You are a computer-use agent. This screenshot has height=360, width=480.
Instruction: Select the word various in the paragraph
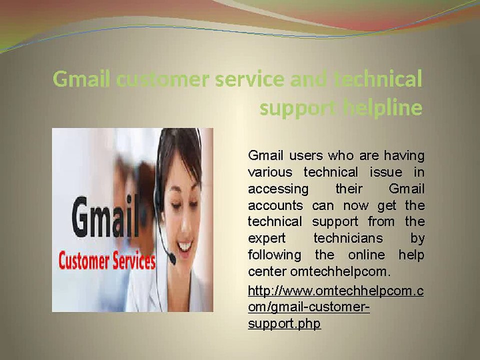(270, 172)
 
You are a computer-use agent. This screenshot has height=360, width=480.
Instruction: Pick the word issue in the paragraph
(385, 172)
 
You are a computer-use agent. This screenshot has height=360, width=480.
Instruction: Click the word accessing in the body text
(278, 189)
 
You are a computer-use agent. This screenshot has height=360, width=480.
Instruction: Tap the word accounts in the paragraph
(275, 205)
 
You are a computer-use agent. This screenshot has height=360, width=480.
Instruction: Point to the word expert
(267, 238)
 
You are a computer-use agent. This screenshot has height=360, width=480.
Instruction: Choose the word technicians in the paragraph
(348, 238)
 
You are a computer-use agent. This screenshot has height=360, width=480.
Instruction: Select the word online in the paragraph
(366, 254)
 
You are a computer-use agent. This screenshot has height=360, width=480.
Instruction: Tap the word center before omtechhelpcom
(267, 271)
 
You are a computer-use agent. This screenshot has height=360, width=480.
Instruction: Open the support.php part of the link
(284, 324)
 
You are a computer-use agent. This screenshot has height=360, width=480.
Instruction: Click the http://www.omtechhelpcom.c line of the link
(336, 291)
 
